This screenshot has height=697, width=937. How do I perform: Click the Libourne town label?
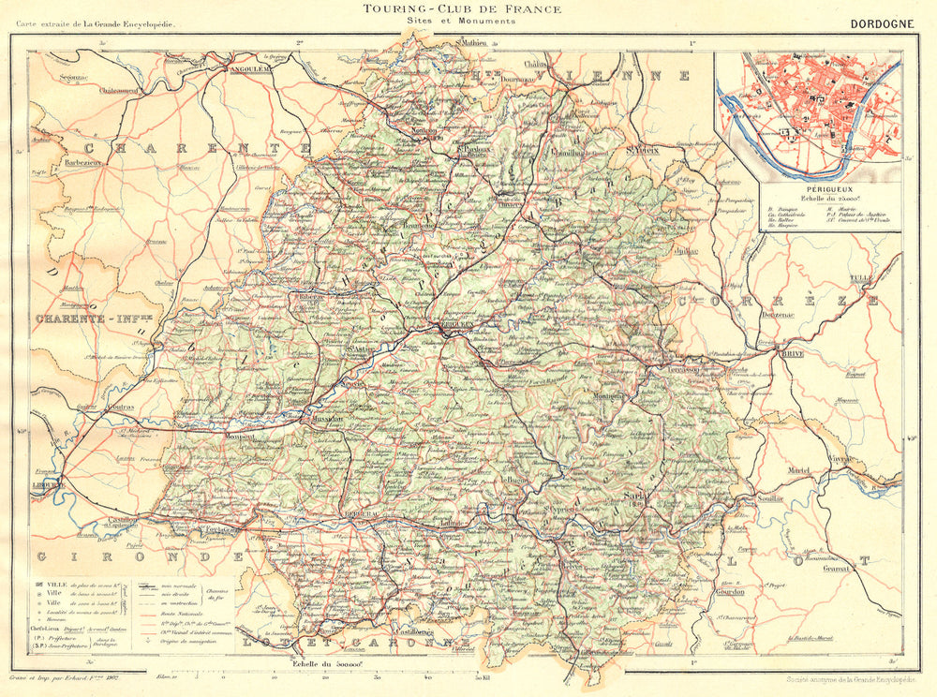tap(48, 484)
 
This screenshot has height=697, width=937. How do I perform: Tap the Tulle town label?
tap(859, 279)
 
